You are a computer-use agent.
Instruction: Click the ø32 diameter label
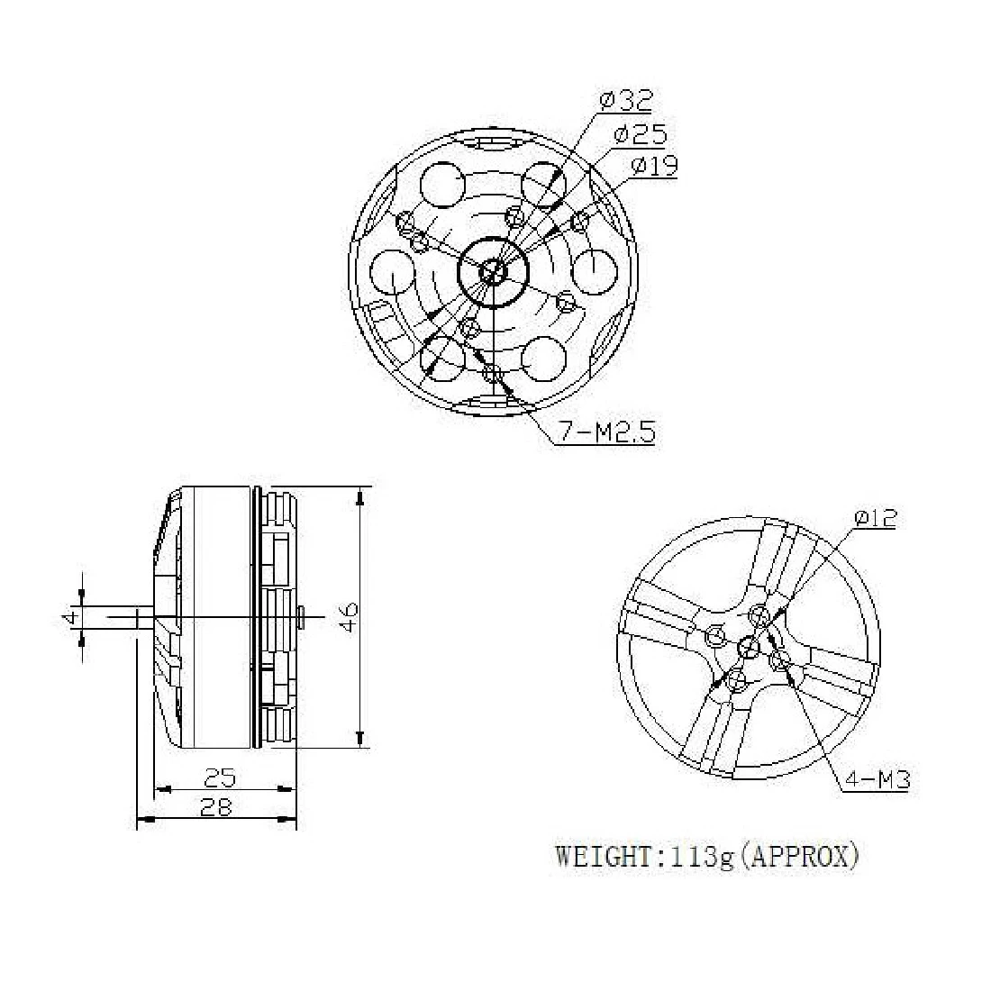tap(625, 101)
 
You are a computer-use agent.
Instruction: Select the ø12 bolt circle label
tap(874, 518)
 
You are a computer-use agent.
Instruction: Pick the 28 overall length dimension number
tap(215, 807)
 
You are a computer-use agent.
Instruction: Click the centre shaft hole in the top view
tap(494, 270)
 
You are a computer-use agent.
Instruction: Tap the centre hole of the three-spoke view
tap(748, 645)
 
